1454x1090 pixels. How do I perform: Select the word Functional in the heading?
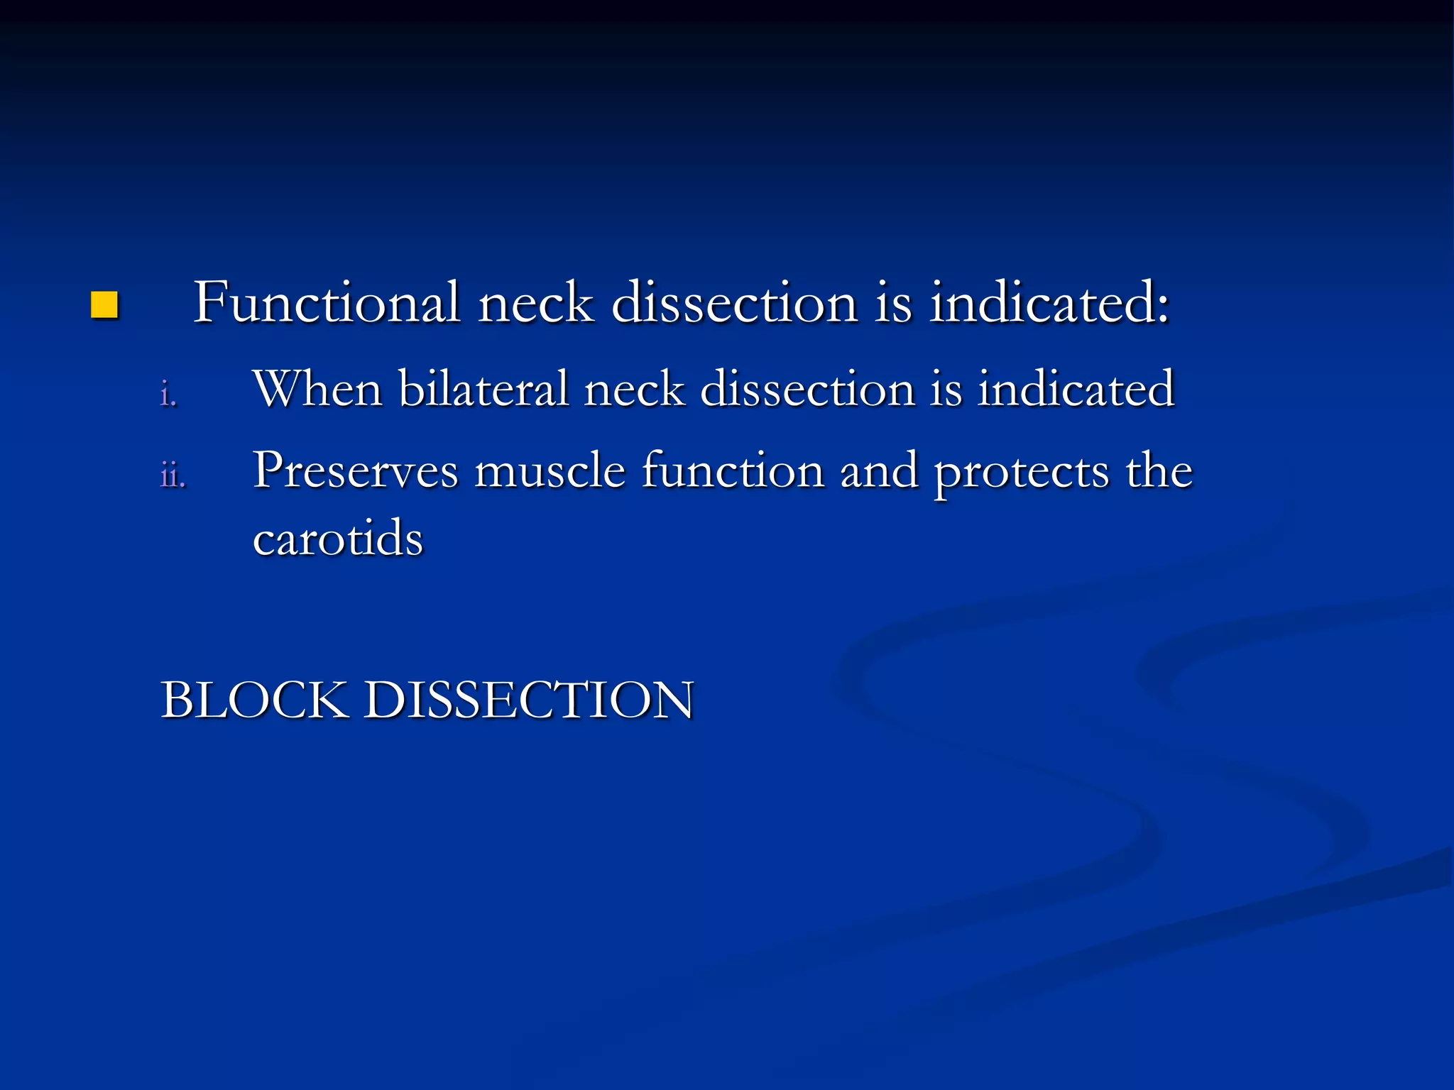tap(327, 302)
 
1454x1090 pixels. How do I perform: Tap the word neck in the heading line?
tap(536, 304)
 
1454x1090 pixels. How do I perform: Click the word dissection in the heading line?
tap(734, 302)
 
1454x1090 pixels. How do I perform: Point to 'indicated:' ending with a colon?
tap(1049, 302)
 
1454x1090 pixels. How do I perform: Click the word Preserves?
tap(356, 471)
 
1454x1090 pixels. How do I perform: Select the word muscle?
tap(550, 471)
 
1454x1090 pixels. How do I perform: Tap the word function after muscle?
tap(733, 471)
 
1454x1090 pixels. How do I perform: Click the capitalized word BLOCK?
tap(255, 700)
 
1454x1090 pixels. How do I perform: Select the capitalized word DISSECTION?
tap(529, 700)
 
